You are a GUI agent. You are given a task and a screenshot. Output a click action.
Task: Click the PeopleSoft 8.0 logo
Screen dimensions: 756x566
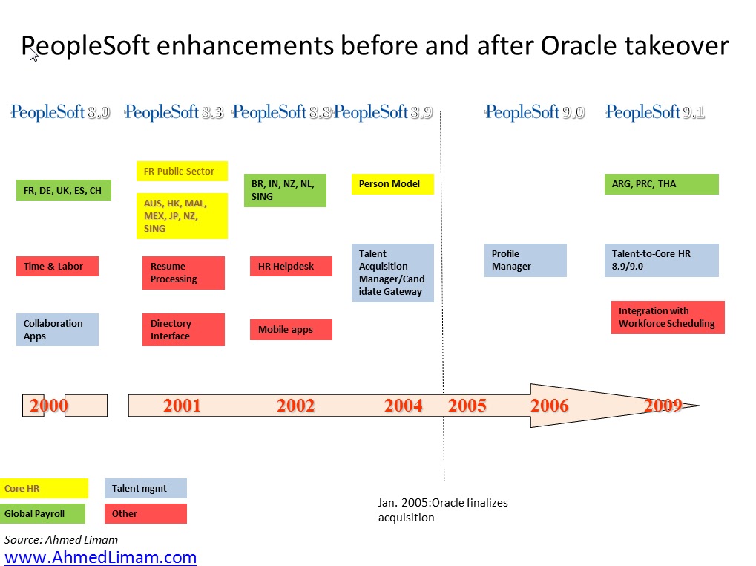(x=60, y=112)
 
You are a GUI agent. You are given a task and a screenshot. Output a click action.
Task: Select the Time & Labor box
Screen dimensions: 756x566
(x=57, y=267)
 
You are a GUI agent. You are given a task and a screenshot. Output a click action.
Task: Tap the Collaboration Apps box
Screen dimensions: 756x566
(x=57, y=330)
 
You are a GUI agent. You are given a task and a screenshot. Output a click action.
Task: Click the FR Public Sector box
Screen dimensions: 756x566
(x=182, y=172)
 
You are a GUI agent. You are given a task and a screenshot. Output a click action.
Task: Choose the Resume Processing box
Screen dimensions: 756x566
(x=184, y=273)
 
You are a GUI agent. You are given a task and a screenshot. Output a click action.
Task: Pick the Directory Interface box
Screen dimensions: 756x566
(x=184, y=330)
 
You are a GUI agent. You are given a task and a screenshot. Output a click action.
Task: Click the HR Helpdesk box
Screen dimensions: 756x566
(x=292, y=267)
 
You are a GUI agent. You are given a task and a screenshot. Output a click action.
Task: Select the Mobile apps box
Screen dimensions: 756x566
(x=292, y=330)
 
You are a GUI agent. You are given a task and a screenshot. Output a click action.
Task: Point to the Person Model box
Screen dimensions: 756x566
(x=393, y=184)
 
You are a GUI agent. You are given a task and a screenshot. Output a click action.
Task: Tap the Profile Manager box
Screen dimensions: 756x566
(x=525, y=260)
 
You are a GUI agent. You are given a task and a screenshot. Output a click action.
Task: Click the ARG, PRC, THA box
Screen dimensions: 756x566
(x=662, y=184)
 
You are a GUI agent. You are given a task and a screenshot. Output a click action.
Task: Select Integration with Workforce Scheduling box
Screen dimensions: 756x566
(x=668, y=317)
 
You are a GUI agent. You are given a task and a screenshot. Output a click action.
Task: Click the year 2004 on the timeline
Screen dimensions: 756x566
(x=403, y=406)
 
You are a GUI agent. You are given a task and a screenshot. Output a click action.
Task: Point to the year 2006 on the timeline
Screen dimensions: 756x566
(x=550, y=406)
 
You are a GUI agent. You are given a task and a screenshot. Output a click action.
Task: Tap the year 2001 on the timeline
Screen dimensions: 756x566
(x=182, y=406)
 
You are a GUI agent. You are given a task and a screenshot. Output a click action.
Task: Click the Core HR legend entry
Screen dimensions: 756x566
(x=44, y=488)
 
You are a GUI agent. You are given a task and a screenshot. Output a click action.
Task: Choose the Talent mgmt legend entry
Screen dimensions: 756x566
(x=145, y=488)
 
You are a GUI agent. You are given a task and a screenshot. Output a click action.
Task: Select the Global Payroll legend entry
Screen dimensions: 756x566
(x=42, y=513)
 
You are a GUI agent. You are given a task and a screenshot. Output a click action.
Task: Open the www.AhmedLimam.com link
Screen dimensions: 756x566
(x=100, y=557)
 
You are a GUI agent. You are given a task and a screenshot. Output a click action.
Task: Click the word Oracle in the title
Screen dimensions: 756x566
(x=579, y=46)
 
